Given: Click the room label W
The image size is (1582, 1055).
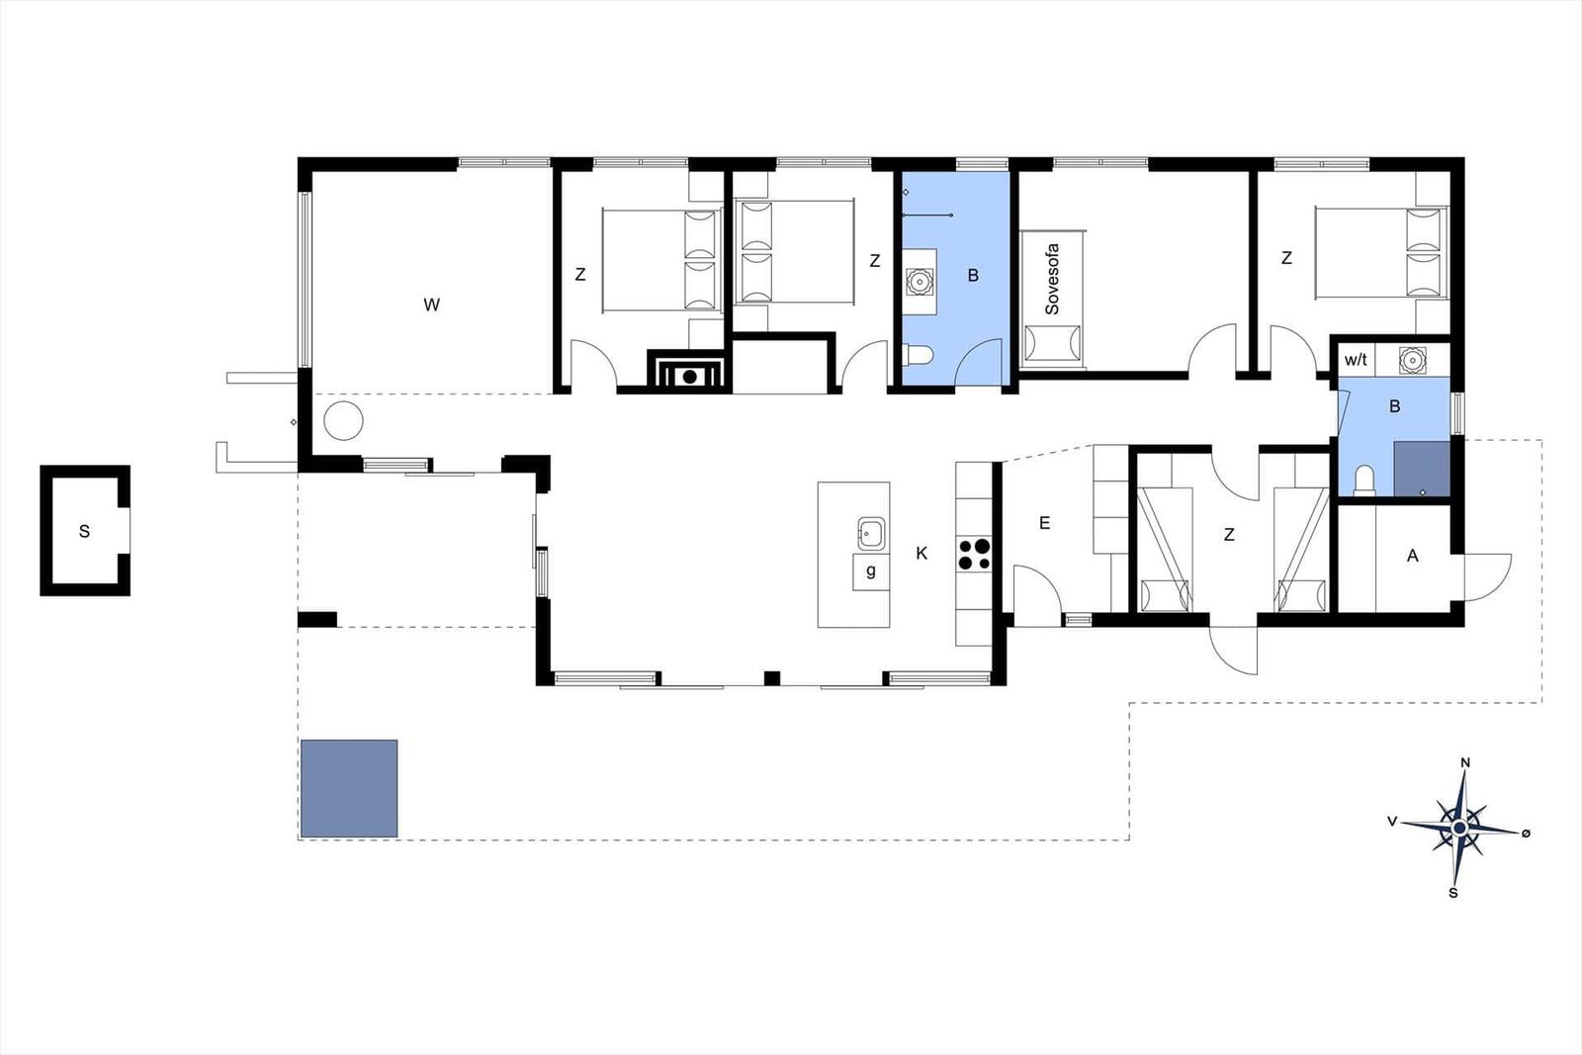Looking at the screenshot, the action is (x=431, y=306).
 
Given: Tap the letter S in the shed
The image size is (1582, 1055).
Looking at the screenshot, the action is (x=85, y=532).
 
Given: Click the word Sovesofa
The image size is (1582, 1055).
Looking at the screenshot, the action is (x=1052, y=279).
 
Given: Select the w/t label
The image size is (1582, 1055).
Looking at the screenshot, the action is (x=1356, y=360).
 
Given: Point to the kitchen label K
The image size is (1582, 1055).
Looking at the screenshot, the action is (x=922, y=554).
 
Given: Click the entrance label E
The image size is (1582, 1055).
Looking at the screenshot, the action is (x=1044, y=523).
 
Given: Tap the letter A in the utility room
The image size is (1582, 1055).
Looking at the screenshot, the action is (x=1413, y=556).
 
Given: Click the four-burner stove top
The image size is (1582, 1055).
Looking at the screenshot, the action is (x=974, y=554).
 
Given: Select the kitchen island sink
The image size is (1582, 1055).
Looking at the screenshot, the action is (x=871, y=534).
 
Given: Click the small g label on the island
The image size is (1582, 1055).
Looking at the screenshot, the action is (x=871, y=570).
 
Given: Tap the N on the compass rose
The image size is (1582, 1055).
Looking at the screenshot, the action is (x=1464, y=762).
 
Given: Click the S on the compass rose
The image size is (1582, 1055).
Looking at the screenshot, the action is (x=1452, y=893).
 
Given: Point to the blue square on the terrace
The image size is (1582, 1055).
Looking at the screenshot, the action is (x=350, y=789).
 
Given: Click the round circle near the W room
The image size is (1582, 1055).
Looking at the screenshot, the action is (x=343, y=421).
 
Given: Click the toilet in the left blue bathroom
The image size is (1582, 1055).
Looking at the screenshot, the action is (x=921, y=355).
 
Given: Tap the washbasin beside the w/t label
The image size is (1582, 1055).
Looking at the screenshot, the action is (x=1412, y=360).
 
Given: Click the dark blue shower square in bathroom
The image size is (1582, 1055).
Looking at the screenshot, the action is (x=1422, y=469).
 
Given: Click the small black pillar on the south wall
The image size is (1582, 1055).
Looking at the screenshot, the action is (x=772, y=678).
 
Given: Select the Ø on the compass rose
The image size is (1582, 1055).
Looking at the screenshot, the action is (x=1526, y=834).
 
